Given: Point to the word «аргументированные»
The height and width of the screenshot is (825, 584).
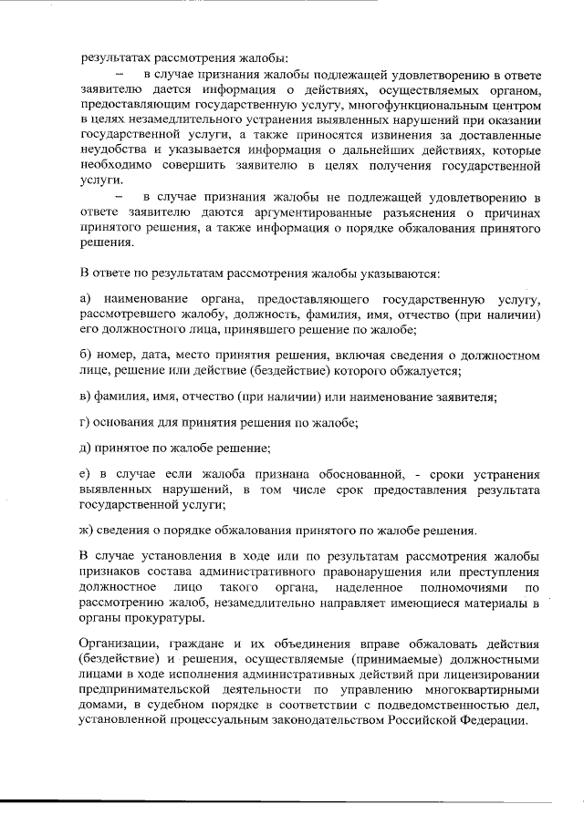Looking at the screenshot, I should [279, 214].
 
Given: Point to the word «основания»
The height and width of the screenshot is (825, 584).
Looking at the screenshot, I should [129, 422].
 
